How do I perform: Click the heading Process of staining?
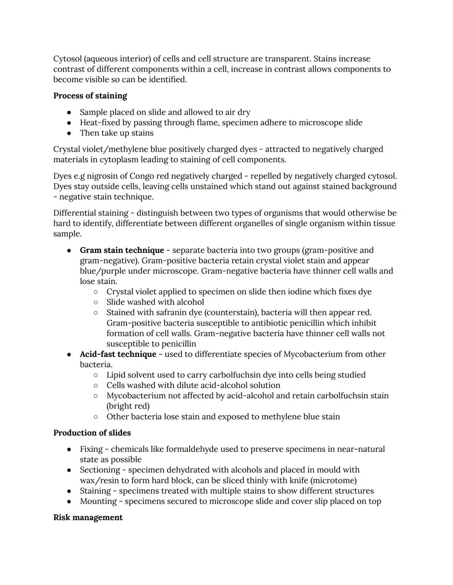coord(90,96)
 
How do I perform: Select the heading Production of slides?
coord(92,433)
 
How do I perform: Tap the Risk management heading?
coord(88,518)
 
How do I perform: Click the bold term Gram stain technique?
coord(122,250)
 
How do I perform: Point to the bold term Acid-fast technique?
coord(118,354)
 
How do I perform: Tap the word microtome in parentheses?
coord(334,480)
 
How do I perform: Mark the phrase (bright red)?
coord(128,406)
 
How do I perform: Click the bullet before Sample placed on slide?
coord(69,113)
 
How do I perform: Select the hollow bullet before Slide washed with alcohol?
coord(96,302)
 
